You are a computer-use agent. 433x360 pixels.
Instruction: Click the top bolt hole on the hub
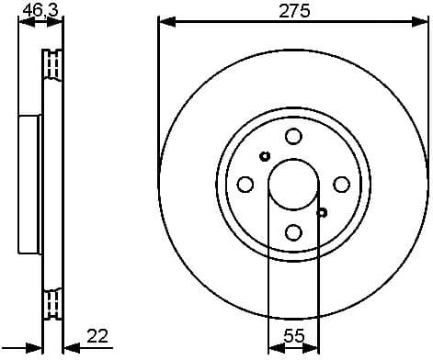point(293,137)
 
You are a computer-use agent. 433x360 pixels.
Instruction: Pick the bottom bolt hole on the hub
point(293,231)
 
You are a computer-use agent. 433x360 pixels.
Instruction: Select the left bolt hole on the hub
point(245,184)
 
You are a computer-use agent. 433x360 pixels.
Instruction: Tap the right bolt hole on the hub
point(341,184)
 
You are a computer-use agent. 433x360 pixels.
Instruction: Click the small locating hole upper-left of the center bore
point(265,155)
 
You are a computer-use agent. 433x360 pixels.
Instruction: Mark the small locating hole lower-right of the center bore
point(322,212)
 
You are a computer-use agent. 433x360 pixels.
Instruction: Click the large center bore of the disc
point(293,184)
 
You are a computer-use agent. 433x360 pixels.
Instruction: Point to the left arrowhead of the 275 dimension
point(164,22)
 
